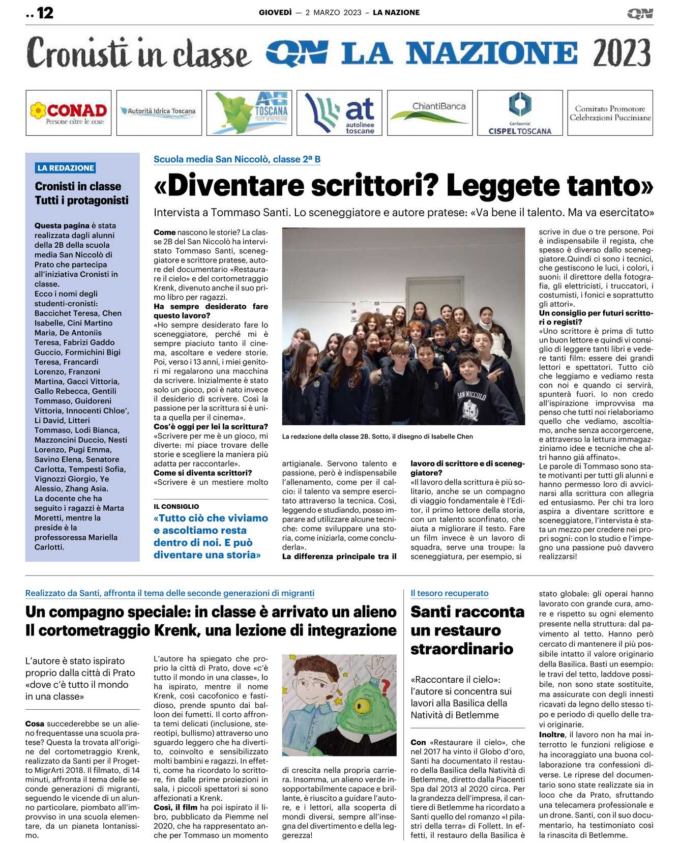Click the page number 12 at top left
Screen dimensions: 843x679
45,13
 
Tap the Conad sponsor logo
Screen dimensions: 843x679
69,113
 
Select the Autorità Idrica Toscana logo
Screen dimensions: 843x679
159,111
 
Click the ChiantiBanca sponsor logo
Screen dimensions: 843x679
430,112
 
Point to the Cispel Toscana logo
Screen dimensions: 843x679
520,113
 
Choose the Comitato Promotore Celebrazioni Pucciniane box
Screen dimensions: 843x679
610,113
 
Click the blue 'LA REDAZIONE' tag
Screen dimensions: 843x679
66,168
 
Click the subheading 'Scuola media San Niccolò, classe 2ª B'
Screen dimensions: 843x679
237,159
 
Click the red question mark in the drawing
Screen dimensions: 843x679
385,687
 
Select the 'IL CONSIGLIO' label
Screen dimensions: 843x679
176,506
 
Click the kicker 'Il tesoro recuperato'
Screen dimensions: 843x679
449,593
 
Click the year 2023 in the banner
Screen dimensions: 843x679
621,53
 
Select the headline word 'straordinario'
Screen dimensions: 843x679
462,649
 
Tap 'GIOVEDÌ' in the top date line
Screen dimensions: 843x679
275,13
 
